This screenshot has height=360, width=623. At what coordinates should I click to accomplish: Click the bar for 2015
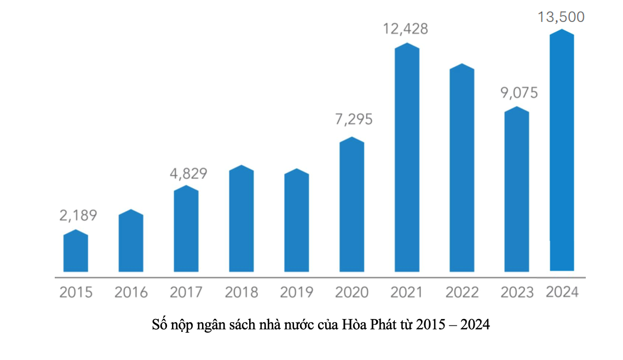(76, 252)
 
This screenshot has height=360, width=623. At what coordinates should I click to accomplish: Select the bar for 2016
(131, 241)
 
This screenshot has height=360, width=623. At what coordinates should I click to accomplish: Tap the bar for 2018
(241, 219)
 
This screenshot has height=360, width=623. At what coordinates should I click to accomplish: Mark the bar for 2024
(562, 150)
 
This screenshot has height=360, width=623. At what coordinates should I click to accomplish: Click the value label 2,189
(78, 216)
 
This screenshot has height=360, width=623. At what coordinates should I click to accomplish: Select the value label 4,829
(188, 174)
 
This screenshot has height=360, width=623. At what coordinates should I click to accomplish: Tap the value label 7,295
(354, 119)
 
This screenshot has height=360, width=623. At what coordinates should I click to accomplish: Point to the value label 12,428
(406, 29)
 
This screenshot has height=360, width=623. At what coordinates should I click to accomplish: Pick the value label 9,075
(518, 92)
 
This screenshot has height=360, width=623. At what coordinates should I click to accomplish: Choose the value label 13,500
(562, 17)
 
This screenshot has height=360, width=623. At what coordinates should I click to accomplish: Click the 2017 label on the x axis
(186, 292)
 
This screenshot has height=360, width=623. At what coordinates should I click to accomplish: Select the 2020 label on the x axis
(351, 292)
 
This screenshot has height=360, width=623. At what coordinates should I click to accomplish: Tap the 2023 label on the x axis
(517, 292)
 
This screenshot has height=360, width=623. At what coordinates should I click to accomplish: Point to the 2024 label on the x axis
(562, 292)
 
